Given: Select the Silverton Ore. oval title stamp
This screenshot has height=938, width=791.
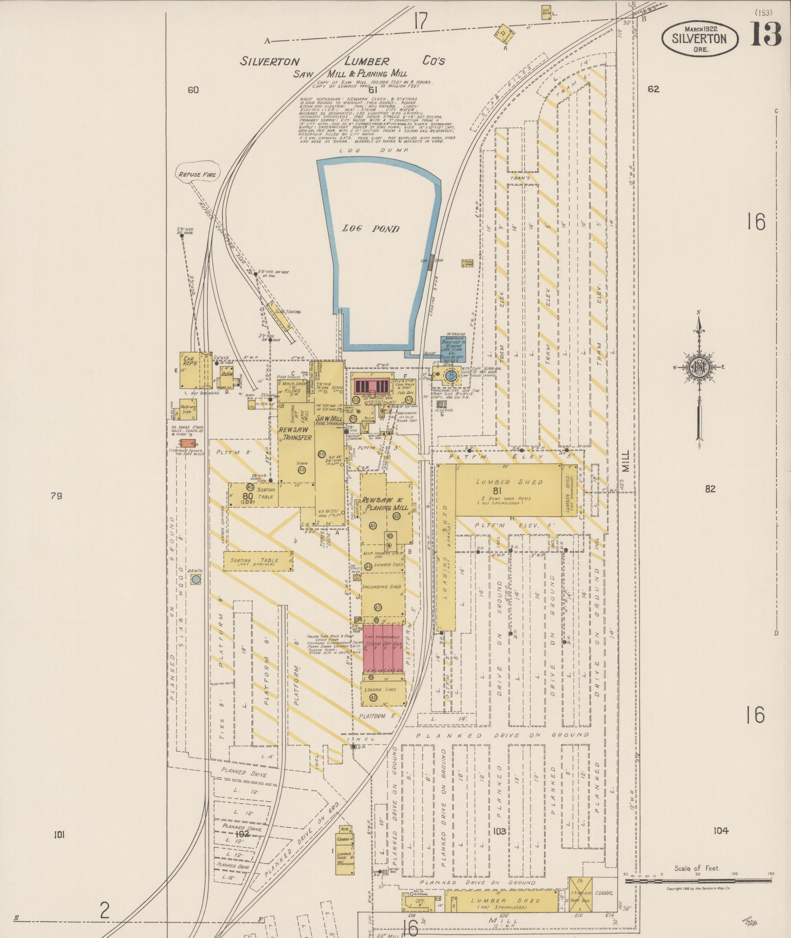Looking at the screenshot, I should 699,38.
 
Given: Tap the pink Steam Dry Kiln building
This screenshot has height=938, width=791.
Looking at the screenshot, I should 383,648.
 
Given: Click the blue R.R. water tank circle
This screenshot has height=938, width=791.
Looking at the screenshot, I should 196,580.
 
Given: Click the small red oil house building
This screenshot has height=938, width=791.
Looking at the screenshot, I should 184,443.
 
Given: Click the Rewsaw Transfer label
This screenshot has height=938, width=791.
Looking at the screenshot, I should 295,433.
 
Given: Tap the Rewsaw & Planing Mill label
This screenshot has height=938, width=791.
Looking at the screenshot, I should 385,504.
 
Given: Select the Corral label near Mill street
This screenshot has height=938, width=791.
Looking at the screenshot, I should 604,893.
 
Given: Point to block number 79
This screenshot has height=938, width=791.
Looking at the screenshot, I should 56,496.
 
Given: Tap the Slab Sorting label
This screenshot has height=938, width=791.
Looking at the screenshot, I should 288,312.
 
